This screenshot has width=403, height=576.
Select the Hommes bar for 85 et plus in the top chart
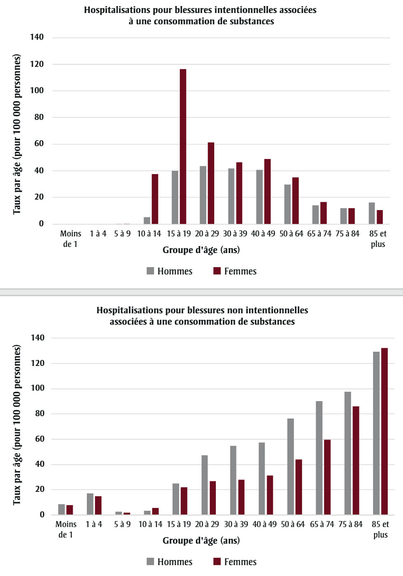[x=372, y=213]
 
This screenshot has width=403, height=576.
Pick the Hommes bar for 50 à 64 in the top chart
[x=287, y=204]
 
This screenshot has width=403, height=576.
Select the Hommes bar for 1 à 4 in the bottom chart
[x=90, y=504]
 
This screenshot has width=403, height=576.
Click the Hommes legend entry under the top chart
[x=169, y=271]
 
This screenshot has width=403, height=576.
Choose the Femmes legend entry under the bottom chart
[x=235, y=562]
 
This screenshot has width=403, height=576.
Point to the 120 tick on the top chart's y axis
[x=37, y=64]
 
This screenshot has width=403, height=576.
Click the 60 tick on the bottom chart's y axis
[x=40, y=439]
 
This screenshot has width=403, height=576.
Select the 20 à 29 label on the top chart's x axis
[x=207, y=234]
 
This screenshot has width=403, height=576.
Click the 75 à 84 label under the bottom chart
[x=351, y=525]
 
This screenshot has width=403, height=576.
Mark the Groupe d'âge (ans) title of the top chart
[x=201, y=250]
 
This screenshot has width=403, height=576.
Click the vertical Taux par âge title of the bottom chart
[x=17, y=424]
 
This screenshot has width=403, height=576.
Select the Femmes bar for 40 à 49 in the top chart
[x=268, y=191]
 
